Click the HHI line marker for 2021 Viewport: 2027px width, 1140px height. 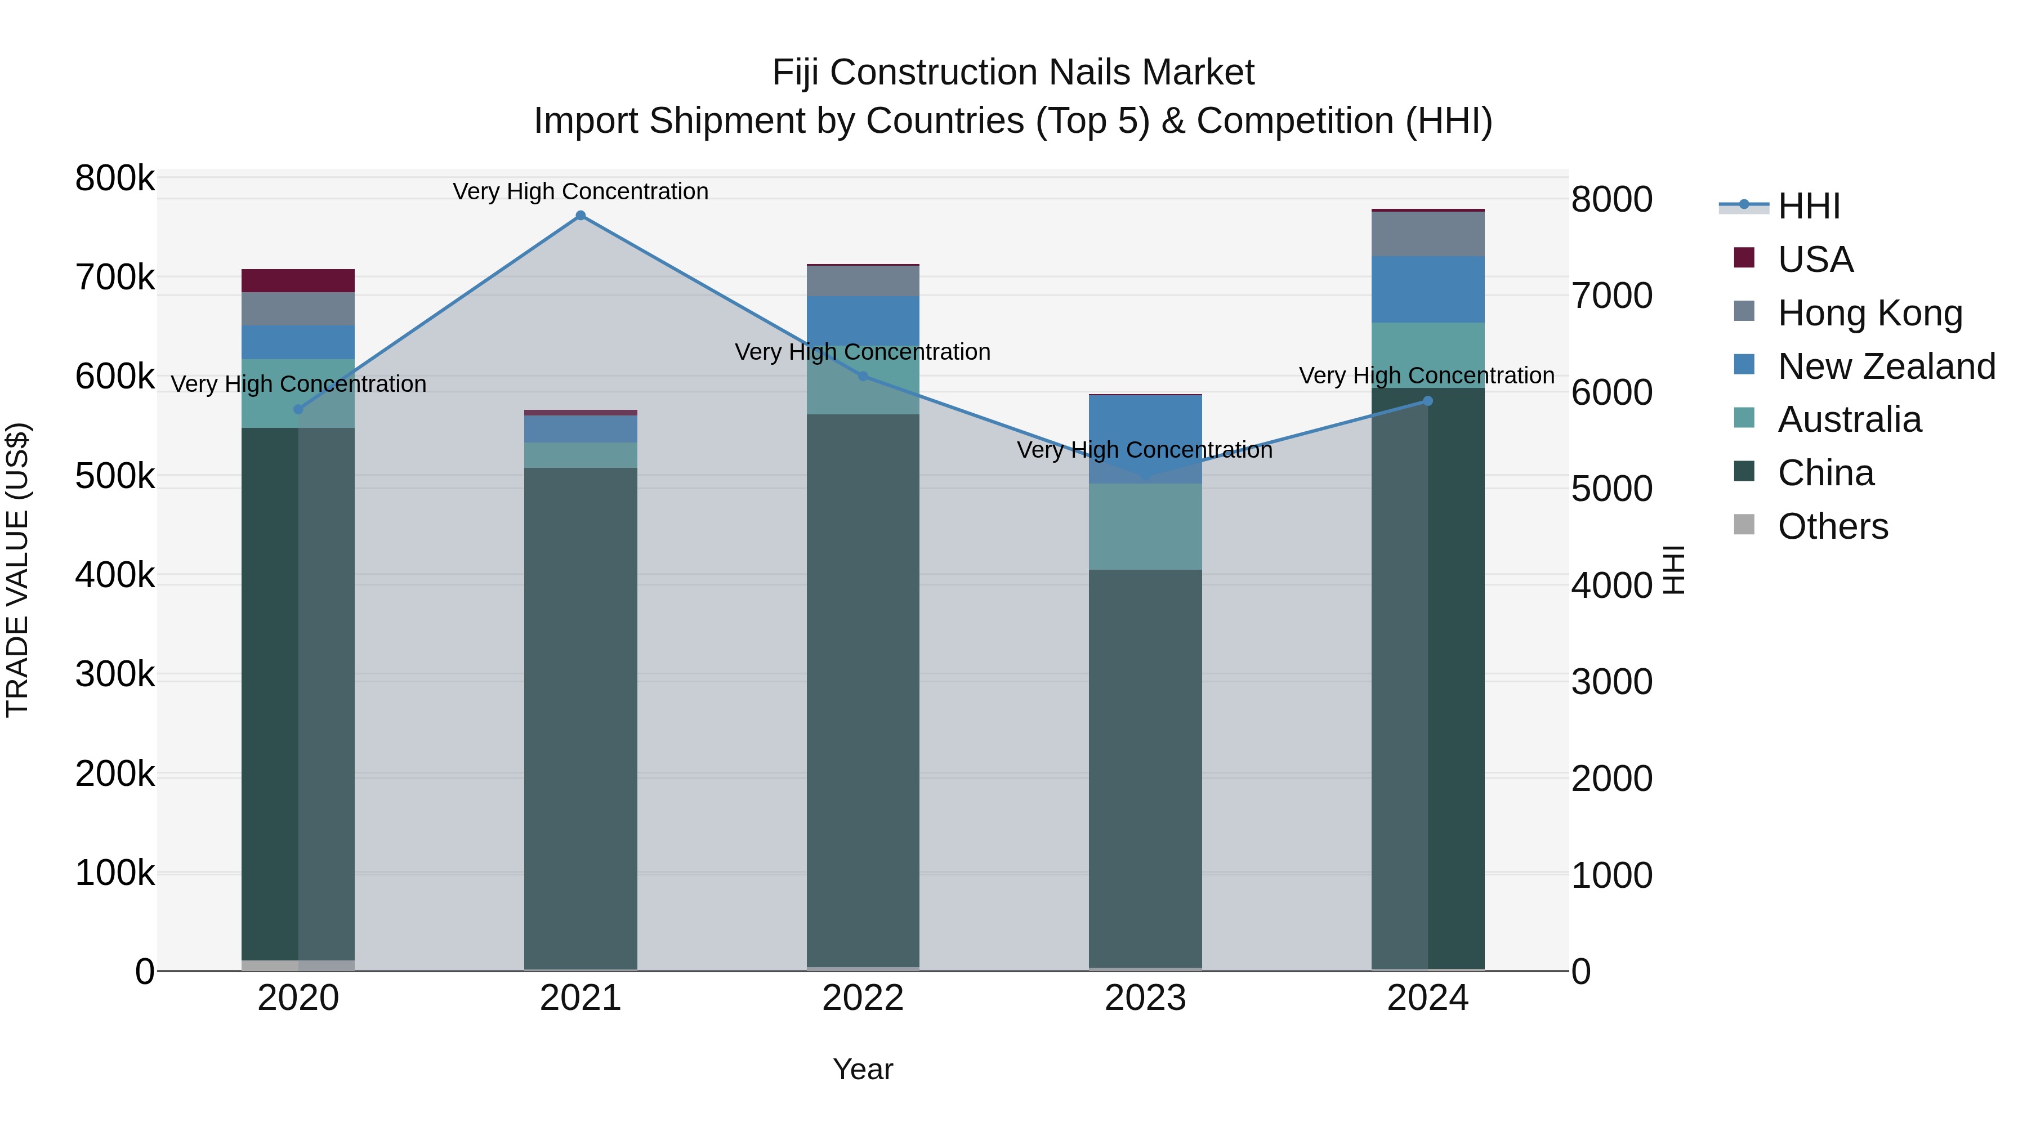pyautogui.click(x=581, y=216)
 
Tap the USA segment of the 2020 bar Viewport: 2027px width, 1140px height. pyautogui.click(x=298, y=281)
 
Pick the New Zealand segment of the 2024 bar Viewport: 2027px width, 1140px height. pyautogui.click(x=1427, y=289)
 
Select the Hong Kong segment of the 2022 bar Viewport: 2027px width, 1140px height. pyautogui.click(x=863, y=281)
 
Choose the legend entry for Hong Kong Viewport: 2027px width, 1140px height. pyautogui.click(x=1869, y=313)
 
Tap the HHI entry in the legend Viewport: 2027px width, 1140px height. pyautogui.click(x=1808, y=206)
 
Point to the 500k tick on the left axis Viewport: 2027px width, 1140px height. pyautogui.click(x=115, y=476)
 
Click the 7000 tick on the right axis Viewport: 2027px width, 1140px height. pyautogui.click(x=1611, y=296)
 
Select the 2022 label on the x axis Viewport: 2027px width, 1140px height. pyautogui.click(x=863, y=998)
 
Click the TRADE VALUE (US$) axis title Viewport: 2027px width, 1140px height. pyautogui.click(x=17, y=570)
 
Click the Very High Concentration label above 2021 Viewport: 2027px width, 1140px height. pyautogui.click(x=581, y=191)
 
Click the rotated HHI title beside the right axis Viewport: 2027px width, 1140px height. pyautogui.click(x=1675, y=570)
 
